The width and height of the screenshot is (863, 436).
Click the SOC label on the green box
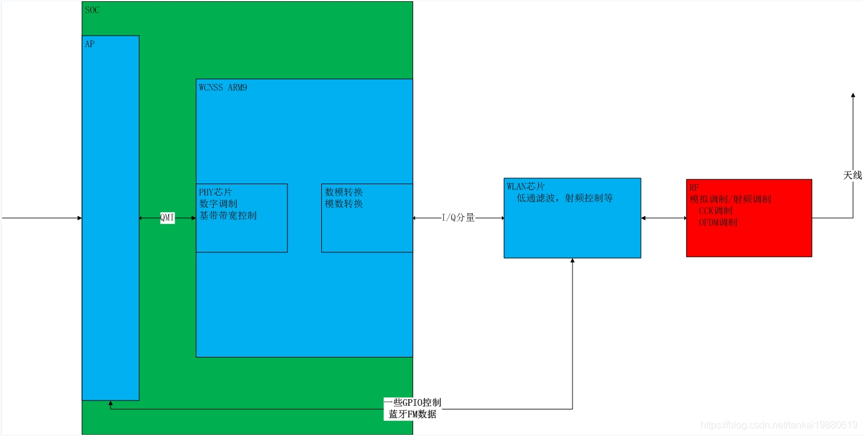click(x=92, y=10)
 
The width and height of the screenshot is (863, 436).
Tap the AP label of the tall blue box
click(x=90, y=44)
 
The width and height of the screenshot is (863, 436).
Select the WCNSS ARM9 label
click(x=223, y=88)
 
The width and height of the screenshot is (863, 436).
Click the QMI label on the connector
click(x=167, y=218)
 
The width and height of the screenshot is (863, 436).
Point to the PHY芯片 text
click(x=216, y=192)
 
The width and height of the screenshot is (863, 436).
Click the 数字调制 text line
click(x=219, y=204)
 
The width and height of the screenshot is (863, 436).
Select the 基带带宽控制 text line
click(x=228, y=215)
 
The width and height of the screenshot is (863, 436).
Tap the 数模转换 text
click(x=344, y=192)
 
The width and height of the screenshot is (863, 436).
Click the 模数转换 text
click(x=344, y=204)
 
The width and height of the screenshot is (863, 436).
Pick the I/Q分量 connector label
click(x=458, y=218)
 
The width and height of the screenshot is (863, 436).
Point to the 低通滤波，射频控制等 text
click(x=565, y=198)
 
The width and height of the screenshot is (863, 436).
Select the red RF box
click(x=749, y=236)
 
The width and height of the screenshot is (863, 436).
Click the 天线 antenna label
click(x=853, y=175)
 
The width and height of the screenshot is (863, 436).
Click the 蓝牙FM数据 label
click(x=413, y=414)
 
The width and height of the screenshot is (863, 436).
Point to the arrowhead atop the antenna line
click(x=853, y=95)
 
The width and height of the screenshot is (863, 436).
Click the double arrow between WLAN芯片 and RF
click(x=663, y=218)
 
